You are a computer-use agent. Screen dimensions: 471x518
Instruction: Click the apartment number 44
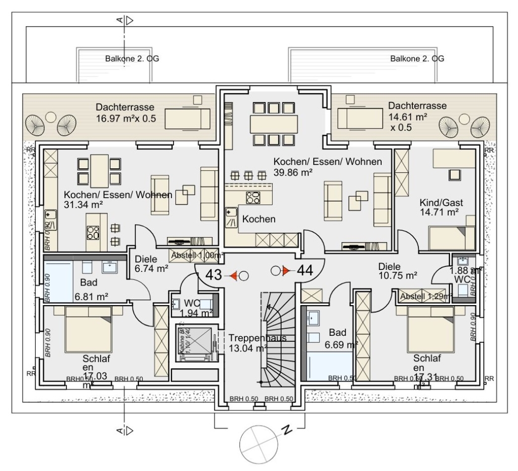point(305,271)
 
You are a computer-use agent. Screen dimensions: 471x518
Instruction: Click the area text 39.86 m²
point(293,172)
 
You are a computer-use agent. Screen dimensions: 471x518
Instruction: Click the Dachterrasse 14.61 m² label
point(417,115)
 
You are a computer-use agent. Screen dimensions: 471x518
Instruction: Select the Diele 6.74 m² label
point(151,264)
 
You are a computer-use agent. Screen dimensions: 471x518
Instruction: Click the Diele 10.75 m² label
point(398,271)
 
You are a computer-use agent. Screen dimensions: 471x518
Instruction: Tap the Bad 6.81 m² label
point(92,290)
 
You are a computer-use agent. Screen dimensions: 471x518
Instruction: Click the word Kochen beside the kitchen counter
point(258,219)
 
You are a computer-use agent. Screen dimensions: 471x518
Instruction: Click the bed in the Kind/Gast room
point(451,237)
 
